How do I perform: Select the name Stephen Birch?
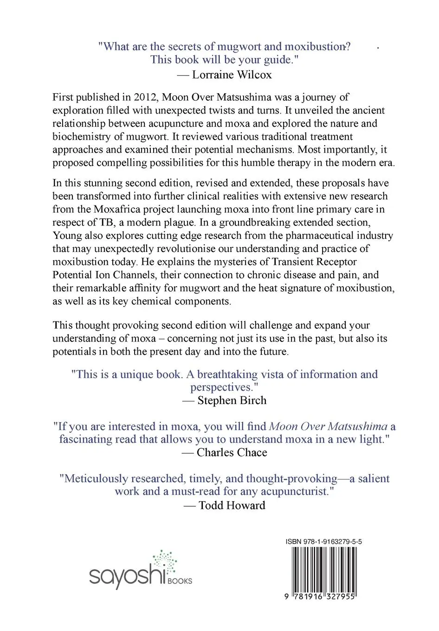[x=232, y=400]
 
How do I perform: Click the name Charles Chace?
[x=232, y=452]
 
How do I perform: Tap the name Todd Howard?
[x=232, y=505]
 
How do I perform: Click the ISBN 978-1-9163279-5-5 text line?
[x=324, y=541]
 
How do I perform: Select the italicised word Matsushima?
[x=358, y=426]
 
